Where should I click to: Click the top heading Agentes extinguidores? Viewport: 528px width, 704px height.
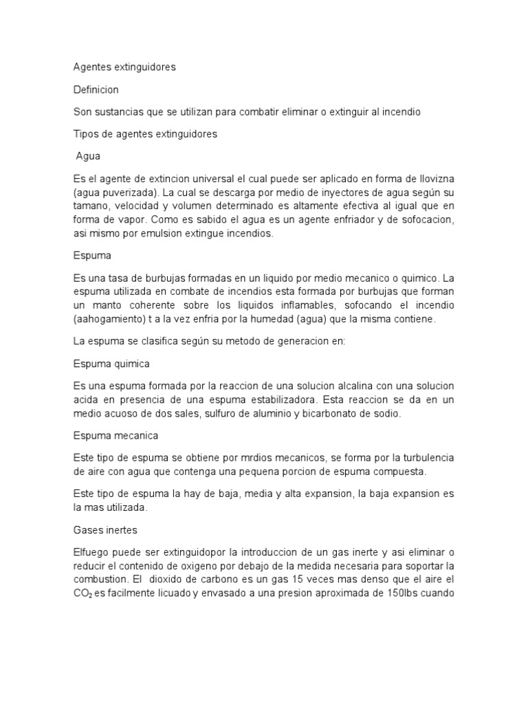(x=124, y=67)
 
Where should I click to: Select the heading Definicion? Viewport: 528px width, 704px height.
(x=96, y=89)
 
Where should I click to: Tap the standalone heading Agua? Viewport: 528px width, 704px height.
(x=88, y=156)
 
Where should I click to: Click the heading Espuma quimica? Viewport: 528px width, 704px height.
(x=111, y=364)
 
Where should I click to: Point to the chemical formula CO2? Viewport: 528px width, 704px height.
(x=82, y=594)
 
